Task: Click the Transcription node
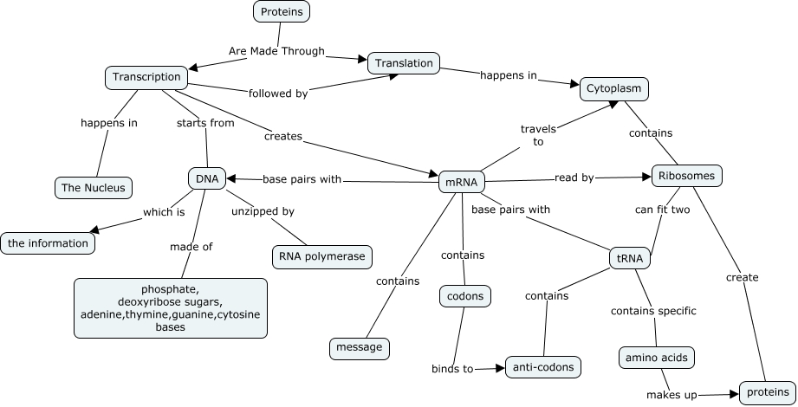pos(147,77)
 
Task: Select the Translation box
pos(405,63)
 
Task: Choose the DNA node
pos(207,179)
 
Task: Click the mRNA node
pos(461,183)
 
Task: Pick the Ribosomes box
pos(686,176)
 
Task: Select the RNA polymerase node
pos(322,256)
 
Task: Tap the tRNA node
pos(630,258)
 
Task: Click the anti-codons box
pos(542,367)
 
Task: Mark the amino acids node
pos(658,356)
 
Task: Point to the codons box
pos(466,296)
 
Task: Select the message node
pos(360,348)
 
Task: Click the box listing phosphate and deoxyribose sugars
pos(170,308)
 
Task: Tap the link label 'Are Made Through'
pos(276,51)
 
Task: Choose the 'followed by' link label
pos(277,94)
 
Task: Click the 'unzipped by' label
pos(263,210)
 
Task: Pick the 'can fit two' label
pos(662,210)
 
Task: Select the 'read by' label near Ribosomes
pos(574,178)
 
